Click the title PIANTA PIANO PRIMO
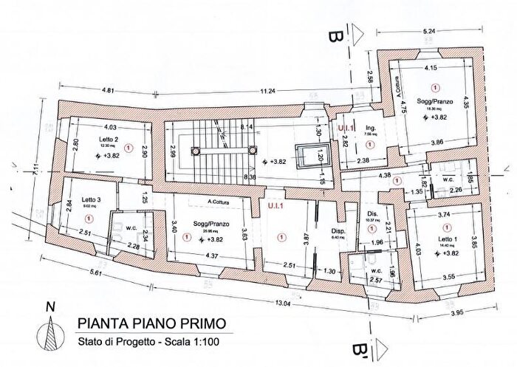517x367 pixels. point(148,324)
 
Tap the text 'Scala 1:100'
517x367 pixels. point(195,340)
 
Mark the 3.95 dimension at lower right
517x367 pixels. point(472,313)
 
